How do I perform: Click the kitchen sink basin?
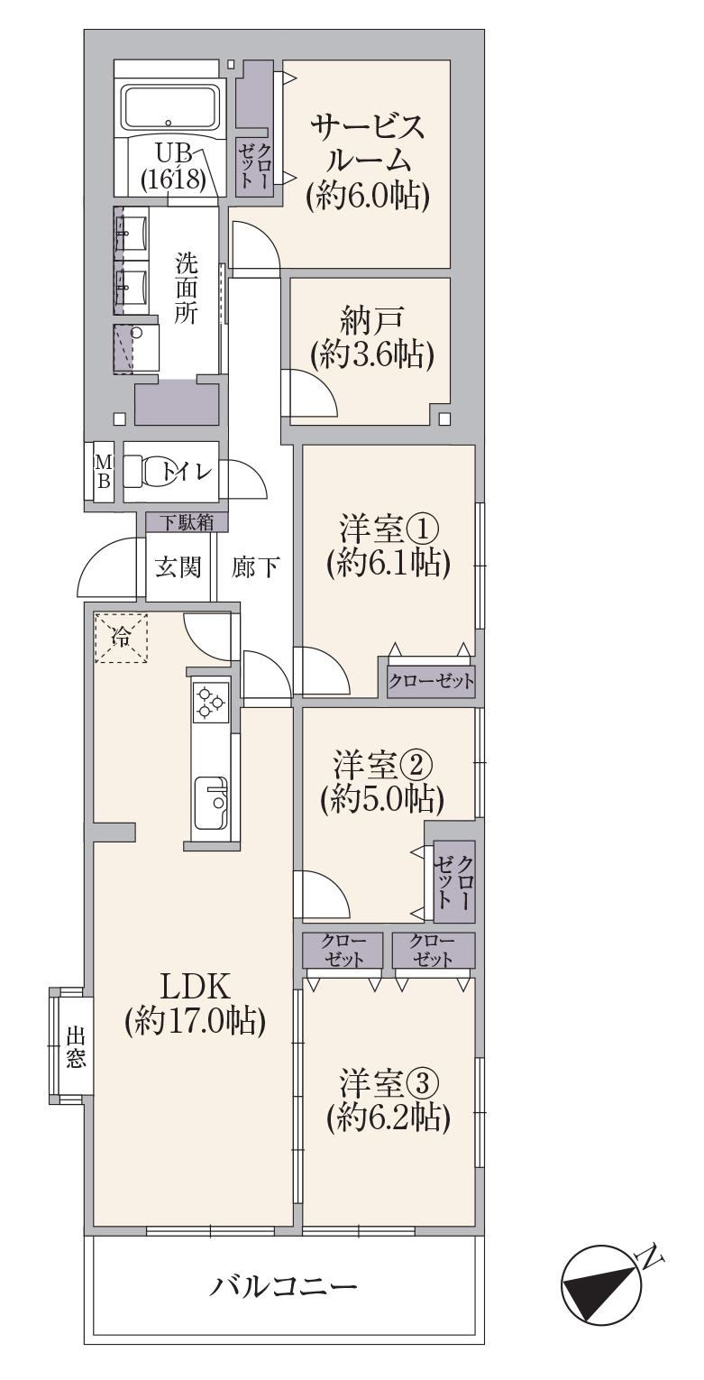(211, 803)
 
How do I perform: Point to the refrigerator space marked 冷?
(122, 638)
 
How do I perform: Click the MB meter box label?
(104, 472)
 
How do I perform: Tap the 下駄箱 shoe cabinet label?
(187, 523)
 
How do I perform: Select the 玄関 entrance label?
(178, 566)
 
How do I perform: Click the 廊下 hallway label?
(256, 566)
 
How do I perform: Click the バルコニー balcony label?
(284, 1284)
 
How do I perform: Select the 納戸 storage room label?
(371, 320)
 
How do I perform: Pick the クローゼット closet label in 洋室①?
(431, 681)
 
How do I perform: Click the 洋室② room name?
(383, 766)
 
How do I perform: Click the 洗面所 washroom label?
(186, 289)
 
